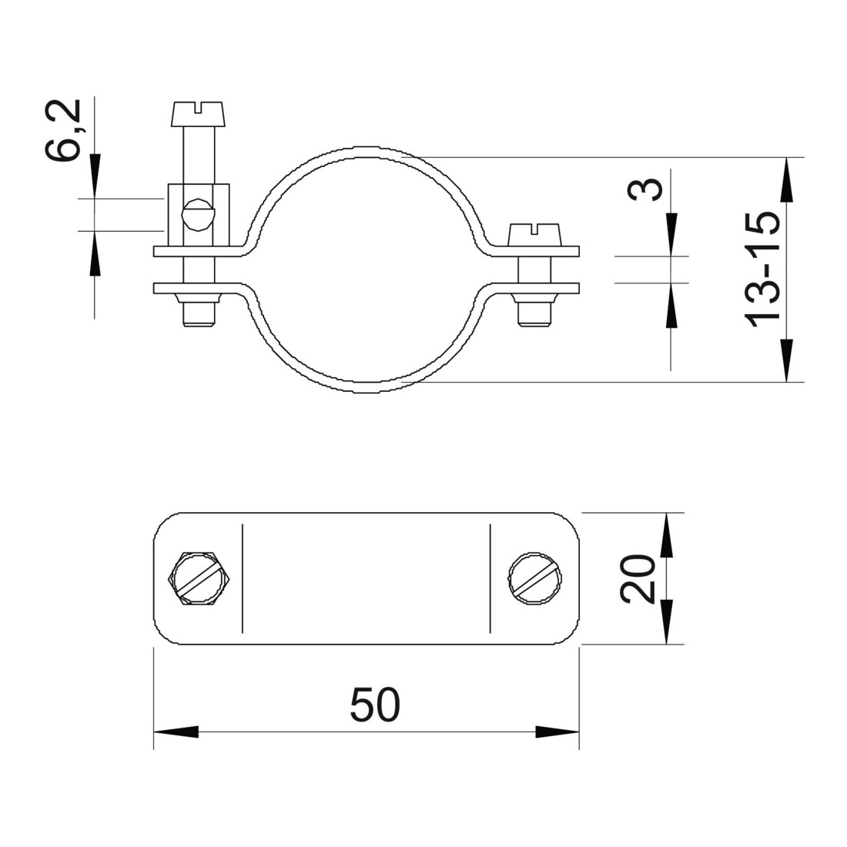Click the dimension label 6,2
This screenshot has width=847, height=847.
point(62,129)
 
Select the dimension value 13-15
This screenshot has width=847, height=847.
point(763,269)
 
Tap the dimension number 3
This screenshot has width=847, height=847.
point(645,189)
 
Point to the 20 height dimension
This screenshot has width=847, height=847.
point(638,578)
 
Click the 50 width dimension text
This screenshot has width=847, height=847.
point(376,705)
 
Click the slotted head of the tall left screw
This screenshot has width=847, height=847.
point(197,113)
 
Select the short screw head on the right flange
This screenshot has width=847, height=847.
point(534,235)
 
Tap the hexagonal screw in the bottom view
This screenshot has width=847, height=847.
point(199,578)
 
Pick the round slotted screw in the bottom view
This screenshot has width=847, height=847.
point(535,576)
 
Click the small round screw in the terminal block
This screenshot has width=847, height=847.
point(198,215)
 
